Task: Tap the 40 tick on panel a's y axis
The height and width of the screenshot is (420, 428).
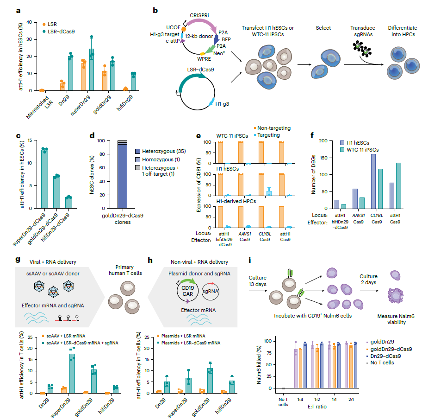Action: [x=29, y=22]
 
